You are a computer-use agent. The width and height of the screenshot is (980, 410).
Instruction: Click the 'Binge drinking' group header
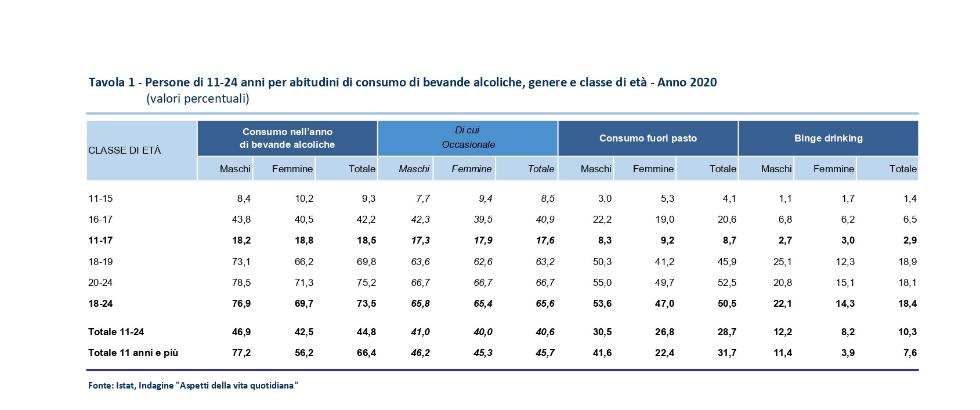pyautogui.click(x=828, y=138)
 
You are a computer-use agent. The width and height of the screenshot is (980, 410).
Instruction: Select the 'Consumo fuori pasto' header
pyautogui.click(x=648, y=138)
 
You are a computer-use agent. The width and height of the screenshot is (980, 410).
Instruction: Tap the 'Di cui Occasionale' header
pyautogui.click(x=468, y=137)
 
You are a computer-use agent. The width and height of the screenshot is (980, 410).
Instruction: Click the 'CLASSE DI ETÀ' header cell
pyautogui.click(x=125, y=150)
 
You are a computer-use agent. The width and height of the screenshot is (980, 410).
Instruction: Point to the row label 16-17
pyautogui.click(x=100, y=219)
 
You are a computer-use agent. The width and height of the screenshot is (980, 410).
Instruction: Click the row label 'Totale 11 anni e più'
pyautogui.click(x=133, y=353)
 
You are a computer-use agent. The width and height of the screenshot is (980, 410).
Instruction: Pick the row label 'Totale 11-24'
pyautogui.click(x=116, y=332)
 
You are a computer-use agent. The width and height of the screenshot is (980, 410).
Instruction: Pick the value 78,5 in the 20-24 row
pyautogui.click(x=241, y=282)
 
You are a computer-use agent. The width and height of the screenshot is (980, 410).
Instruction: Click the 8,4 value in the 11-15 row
pyautogui.click(x=244, y=198)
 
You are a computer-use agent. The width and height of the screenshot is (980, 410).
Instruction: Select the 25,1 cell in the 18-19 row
pyautogui.click(x=782, y=262)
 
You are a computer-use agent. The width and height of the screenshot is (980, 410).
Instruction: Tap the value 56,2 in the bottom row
pyautogui.click(x=303, y=353)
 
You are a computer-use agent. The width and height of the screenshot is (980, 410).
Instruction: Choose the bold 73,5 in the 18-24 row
pyautogui.click(x=366, y=303)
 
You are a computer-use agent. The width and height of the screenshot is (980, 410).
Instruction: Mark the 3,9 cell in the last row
pyautogui.click(x=848, y=353)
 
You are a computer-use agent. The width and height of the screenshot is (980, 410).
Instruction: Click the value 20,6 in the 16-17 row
pyautogui.click(x=726, y=219)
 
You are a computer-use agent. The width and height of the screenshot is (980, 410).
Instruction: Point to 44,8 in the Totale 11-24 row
pyautogui.click(x=366, y=332)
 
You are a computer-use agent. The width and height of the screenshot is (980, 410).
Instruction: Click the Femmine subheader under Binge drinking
pyautogui.click(x=833, y=169)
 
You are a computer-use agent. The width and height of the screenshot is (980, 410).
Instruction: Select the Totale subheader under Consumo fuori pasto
pyautogui.click(x=722, y=169)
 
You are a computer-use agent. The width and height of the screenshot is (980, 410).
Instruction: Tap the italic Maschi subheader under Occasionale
pyautogui.click(x=414, y=169)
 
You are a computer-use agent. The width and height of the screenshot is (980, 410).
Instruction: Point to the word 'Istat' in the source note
pyautogui.click(x=125, y=385)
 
